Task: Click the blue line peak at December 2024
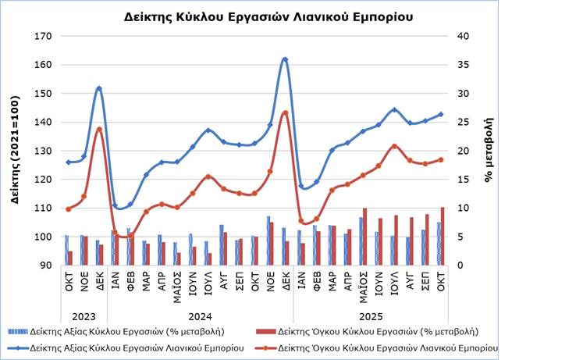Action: coord(285,59)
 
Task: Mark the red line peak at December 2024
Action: coord(285,113)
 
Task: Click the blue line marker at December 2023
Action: coord(99,89)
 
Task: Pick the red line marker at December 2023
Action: coord(99,130)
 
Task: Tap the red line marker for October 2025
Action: coord(441,159)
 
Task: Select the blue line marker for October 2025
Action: coord(441,114)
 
